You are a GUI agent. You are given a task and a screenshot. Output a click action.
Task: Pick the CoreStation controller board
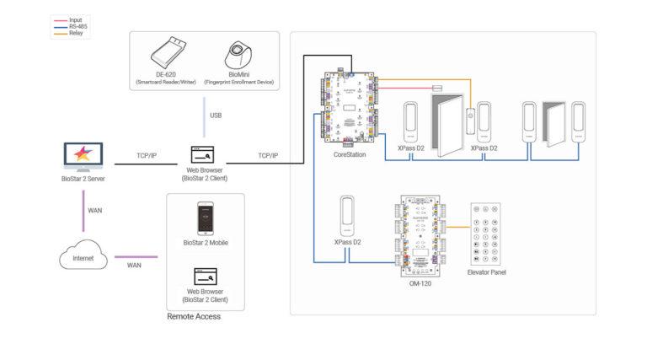click(350, 108)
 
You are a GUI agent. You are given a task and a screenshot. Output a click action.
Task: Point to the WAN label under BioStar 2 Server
click(95, 209)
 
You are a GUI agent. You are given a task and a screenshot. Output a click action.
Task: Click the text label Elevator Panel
click(488, 272)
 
